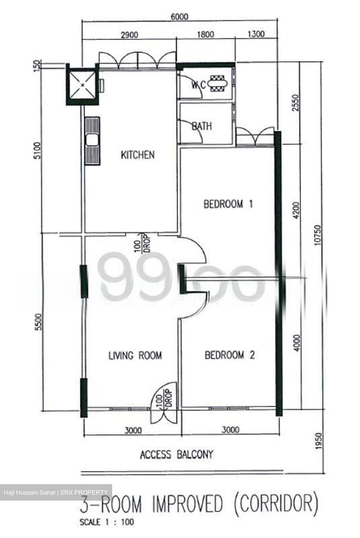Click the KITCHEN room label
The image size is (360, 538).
pos(138,155)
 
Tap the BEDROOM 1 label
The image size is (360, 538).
pos(228,204)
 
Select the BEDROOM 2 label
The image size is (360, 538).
pos(230,355)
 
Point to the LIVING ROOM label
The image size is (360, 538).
pos(135,355)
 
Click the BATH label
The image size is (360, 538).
pos(202,126)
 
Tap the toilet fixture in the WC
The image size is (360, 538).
pos(218,84)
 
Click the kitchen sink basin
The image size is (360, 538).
pos(93,140)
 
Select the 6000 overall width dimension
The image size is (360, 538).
pos(179,17)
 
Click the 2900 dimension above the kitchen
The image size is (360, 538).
pos(129,35)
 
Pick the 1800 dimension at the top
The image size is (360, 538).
pos(206,34)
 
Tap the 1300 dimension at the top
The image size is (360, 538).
pos(256,34)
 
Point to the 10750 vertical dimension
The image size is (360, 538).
pos(318,235)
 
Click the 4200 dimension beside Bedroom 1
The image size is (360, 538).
pos(297,210)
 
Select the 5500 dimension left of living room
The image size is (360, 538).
pos(38,322)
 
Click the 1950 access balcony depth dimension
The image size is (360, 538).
pos(318,441)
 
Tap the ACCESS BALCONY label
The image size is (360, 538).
pos(176,454)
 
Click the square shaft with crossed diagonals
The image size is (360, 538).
pos(82,84)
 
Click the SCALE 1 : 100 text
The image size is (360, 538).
pos(107,522)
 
